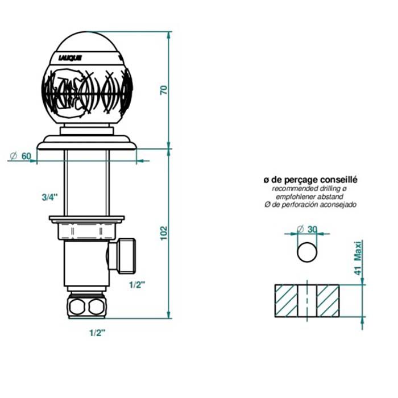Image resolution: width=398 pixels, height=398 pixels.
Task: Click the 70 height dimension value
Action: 164,90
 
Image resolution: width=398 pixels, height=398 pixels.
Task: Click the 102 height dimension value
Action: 164,233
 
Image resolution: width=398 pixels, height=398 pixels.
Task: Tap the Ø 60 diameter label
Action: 20,156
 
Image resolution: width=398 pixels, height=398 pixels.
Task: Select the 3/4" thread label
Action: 50,197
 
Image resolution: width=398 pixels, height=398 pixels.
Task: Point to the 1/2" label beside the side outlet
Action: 137,285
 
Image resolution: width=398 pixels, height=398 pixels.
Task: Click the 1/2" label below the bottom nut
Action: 97,333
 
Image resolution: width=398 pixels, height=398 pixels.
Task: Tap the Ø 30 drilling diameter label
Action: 307,229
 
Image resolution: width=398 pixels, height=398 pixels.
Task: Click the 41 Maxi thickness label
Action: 358,258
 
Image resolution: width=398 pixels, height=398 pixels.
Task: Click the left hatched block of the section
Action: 286,301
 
